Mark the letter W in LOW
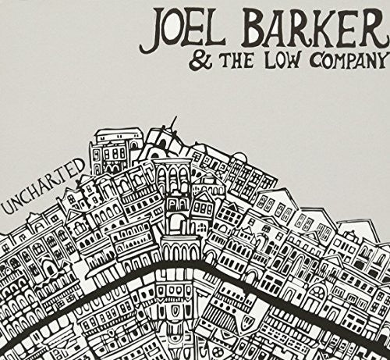[x=266, y=60]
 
